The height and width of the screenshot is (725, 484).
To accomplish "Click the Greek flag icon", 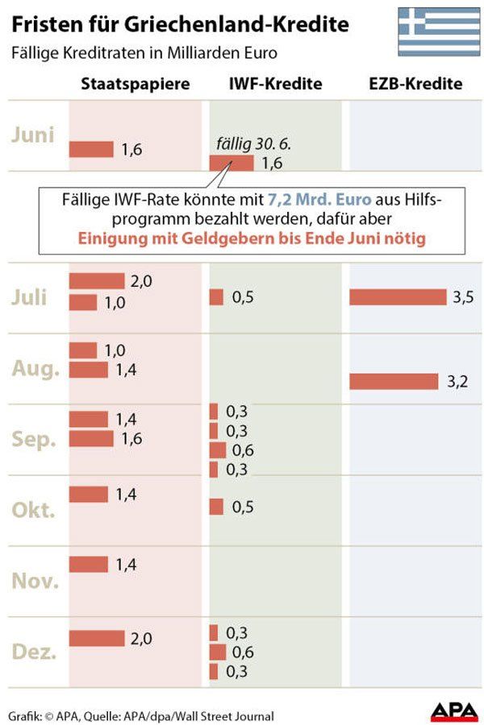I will [439, 31].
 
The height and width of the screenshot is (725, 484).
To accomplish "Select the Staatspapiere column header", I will [136, 84].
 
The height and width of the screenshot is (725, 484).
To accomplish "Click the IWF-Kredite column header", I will [276, 84].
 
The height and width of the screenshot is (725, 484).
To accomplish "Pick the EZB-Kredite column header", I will [416, 84].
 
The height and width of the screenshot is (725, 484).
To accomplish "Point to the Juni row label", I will [33, 134].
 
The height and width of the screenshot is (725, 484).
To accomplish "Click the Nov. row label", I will [35, 579].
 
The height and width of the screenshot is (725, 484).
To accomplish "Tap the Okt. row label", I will [34, 510].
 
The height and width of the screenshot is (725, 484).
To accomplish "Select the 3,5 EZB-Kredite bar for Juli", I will [398, 297].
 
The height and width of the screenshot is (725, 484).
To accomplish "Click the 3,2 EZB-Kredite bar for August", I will [394, 381].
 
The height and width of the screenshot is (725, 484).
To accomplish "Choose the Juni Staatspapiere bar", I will [91, 149].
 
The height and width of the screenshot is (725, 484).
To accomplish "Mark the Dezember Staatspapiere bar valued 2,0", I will [97, 638].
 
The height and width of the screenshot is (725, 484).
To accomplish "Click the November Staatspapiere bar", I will [89, 564].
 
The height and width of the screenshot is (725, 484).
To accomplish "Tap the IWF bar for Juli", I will [216, 297].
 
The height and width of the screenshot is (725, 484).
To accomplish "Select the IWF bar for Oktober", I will [216, 506].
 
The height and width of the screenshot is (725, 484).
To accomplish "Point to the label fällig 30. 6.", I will [252, 145].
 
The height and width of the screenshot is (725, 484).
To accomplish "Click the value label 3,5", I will [463, 297].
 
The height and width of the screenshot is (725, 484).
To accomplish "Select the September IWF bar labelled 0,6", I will [218, 450].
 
